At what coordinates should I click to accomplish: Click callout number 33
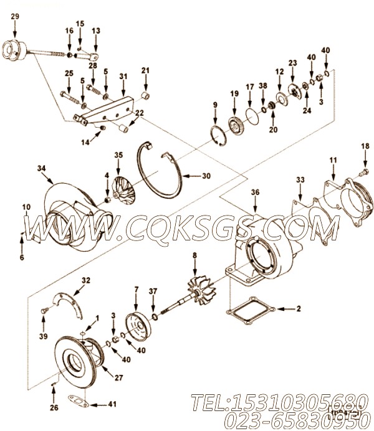(x=300, y=179)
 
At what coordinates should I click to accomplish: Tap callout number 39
(x=43, y=338)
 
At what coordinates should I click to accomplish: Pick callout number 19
(x=234, y=93)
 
